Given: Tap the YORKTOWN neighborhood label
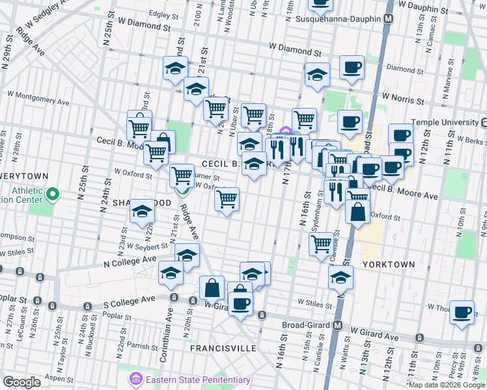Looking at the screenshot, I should [387, 265].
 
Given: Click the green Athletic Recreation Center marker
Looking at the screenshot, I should [54, 194].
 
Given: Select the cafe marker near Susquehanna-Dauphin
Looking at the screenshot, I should [352, 68].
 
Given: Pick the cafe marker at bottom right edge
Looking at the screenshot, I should [462, 313].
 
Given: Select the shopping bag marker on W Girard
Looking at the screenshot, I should [212, 288].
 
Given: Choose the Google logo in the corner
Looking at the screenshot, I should [21, 382].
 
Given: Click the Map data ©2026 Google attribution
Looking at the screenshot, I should [447, 384].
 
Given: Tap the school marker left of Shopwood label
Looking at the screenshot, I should [142, 213].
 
